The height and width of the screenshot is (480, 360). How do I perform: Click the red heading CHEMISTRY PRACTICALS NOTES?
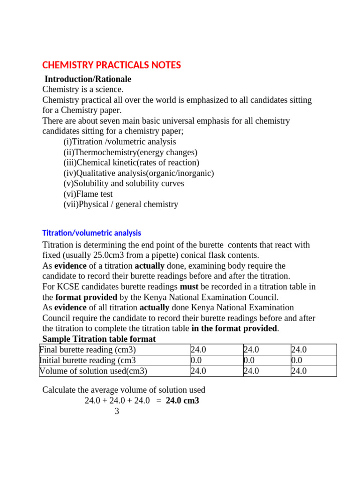coord(112,65)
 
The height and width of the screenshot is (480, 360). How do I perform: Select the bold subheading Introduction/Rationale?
coord(88,79)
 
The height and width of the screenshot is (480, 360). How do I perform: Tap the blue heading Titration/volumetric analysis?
coord(91,233)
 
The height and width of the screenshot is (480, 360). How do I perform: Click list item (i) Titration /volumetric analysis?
coord(120,142)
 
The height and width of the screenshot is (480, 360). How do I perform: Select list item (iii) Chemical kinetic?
coord(131,163)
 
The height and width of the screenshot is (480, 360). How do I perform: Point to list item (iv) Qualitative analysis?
coord(138,173)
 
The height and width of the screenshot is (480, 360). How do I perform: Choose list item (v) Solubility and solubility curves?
coord(124,183)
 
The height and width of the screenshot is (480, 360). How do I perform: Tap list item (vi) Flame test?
coord(88,194)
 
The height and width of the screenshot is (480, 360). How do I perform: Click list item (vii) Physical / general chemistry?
coord(120,204)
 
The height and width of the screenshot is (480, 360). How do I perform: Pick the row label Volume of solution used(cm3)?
coord(93,371)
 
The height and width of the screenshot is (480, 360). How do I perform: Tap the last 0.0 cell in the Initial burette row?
coord(297,360)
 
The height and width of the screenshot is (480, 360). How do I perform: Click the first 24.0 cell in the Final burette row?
coord(198,350)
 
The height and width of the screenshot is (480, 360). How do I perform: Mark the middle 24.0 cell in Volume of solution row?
coord(251,371)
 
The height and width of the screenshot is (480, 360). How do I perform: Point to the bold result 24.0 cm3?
coord(182,401)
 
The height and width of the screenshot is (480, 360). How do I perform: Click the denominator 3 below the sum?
coord(117,412)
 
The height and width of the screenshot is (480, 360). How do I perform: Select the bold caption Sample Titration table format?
coord(99,339)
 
